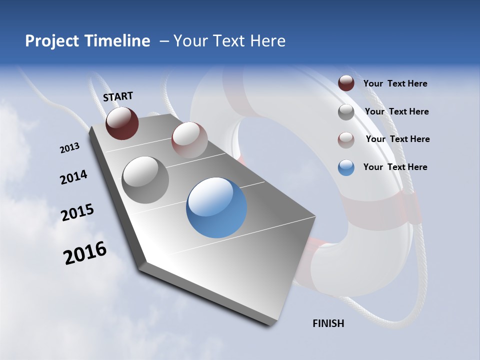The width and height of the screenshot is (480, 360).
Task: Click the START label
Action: [118, 96]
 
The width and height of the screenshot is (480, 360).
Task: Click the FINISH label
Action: [328, 323]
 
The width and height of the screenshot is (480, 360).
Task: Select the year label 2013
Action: [70, 147]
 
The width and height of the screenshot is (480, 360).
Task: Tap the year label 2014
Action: [73, 177]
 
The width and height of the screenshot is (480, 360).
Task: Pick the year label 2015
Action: [77, 212]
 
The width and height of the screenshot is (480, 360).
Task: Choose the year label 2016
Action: [85, 252]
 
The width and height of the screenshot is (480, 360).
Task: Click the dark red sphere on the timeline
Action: [122, 123]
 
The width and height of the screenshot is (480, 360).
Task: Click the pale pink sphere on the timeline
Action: [189, 140]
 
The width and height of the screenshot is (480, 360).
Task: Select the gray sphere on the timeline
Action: [145, 180]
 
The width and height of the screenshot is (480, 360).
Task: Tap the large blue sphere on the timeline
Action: [216, 207]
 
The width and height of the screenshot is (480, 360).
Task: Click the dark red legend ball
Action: [346, 83]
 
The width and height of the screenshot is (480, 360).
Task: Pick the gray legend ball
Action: [346, 112]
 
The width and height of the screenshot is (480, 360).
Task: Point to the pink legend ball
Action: [346, 139]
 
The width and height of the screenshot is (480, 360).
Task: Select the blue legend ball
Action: [346, 167]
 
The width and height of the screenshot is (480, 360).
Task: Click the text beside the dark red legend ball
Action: [395, 84]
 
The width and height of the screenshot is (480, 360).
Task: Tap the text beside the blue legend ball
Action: [395, 167]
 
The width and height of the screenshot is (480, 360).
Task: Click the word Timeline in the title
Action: [116, 41]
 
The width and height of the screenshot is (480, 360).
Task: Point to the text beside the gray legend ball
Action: [397, 111]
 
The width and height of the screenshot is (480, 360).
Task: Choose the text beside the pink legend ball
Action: [398, 139]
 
